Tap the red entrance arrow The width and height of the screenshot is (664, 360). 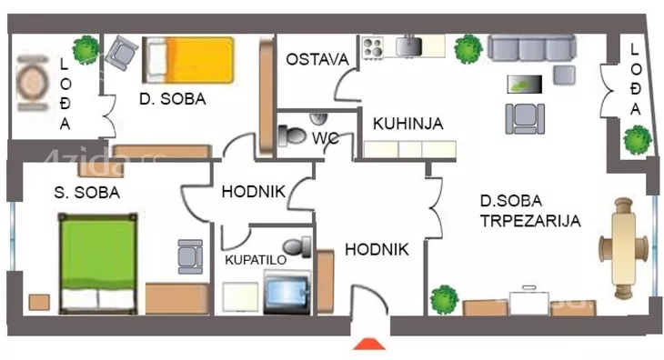click(368, 345)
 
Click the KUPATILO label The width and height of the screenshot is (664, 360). click(256, 259)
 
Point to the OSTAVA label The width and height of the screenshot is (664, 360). click(317, 60)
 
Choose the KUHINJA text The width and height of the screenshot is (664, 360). click(407, 124)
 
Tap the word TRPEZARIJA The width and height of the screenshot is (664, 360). click(518, 221)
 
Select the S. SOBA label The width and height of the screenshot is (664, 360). click(86, 193)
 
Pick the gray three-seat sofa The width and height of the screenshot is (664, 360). click(531, 47)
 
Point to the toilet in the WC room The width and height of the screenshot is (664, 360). click(292, 135)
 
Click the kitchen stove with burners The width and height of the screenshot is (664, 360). click(373, 46)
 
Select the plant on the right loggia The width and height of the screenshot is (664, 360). click(637, 140)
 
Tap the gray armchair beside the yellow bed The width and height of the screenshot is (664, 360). click(120, 53)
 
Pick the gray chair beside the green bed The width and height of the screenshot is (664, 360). click(191, 256)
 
